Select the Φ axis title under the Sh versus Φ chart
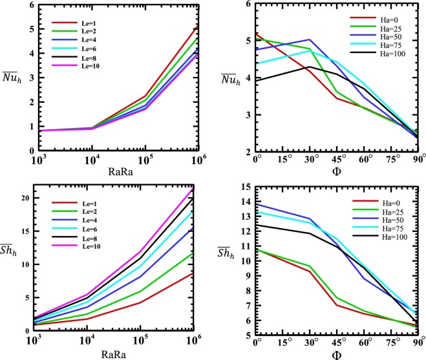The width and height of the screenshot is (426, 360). (335, 354)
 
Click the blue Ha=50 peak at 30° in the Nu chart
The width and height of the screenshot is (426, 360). (309, 39)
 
